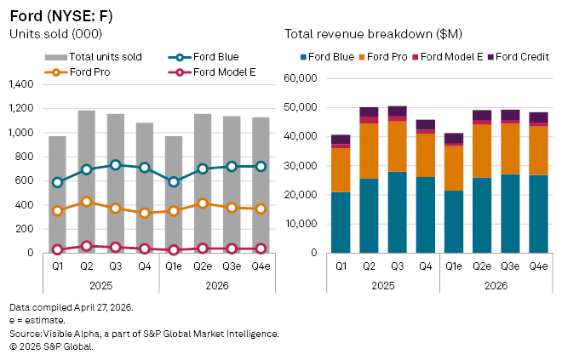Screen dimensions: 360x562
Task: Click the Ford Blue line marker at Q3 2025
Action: (x=115, y=165)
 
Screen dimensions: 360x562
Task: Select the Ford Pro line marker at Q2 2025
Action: (x=86, y=203)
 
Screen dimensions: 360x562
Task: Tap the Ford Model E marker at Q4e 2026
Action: (x=261, y=249)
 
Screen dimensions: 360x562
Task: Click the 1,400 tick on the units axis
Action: (x=24, y=84)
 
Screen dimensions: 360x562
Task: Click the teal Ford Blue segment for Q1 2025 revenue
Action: (x=341, y=222)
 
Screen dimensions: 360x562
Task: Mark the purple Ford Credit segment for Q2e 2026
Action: (x=482, y=115)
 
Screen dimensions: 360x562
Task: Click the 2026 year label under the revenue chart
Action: (x=496, y=285)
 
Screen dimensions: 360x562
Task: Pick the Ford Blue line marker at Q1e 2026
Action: (x=174, y=182)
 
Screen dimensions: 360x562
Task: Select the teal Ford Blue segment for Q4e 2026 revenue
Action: (x=538, y=214)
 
